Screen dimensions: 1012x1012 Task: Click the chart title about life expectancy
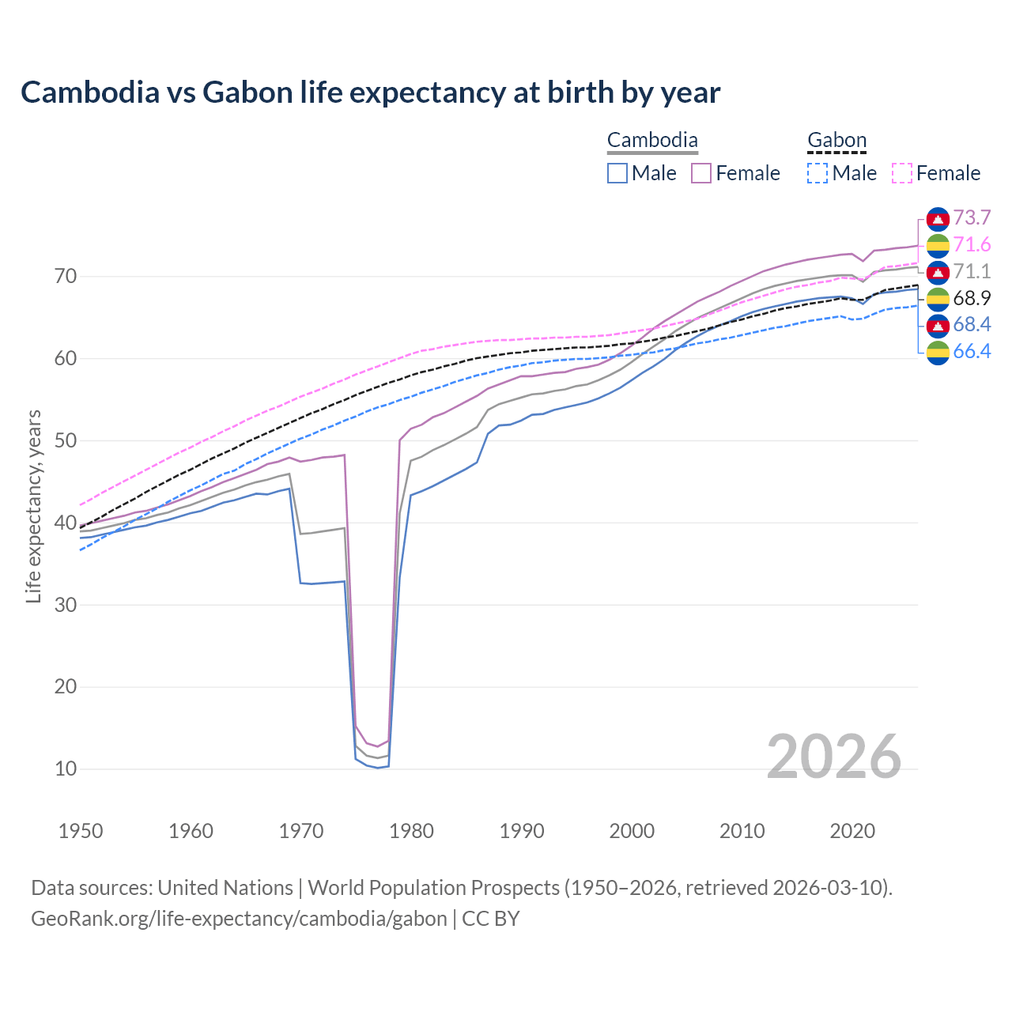[370, 93]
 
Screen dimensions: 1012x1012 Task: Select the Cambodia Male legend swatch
[617, 173]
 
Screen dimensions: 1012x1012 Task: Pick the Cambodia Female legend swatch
[701, 173]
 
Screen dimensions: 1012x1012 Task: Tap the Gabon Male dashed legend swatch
[818, 173]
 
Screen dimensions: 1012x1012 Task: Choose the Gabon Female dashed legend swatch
[902, 173]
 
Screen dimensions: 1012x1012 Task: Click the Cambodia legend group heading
[652, 141]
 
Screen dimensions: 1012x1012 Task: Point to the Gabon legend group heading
[836, 141]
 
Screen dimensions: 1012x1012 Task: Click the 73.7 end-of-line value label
[972, 218]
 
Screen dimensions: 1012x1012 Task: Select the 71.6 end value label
[972, 245]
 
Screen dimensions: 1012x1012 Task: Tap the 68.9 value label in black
[972, 298]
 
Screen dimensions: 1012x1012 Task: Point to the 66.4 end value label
[972, 352]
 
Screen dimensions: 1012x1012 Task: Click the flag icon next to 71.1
[938, 272]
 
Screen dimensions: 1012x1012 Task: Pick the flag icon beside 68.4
[938, 325]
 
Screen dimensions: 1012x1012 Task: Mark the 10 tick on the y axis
[66, 768]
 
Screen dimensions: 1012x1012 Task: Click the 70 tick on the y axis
[66, 277]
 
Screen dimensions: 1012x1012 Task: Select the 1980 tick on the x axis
[411, 831]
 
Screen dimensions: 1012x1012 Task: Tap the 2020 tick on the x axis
[852, 831]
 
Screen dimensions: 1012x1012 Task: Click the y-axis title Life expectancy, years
[34, 506]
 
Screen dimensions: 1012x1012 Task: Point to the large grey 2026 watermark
[833, 757]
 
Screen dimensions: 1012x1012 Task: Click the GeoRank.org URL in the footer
[239, 919]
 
